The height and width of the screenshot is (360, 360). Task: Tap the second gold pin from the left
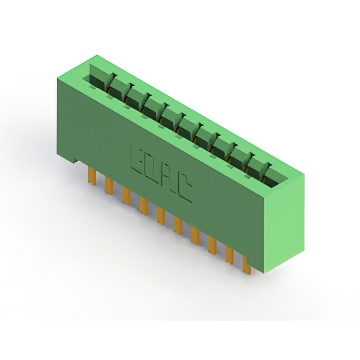click(109, 185)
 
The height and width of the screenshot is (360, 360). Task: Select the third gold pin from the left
click(126, 195)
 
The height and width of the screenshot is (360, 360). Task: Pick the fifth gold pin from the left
click(161, 215)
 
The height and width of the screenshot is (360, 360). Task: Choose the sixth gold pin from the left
click(178, 226)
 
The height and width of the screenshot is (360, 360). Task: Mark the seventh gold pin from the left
click(195, 236)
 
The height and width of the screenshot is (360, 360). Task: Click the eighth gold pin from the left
click(213, 246)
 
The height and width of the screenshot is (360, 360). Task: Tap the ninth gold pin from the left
click(229, 255)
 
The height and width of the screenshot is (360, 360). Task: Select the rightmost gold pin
click(246, 265)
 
